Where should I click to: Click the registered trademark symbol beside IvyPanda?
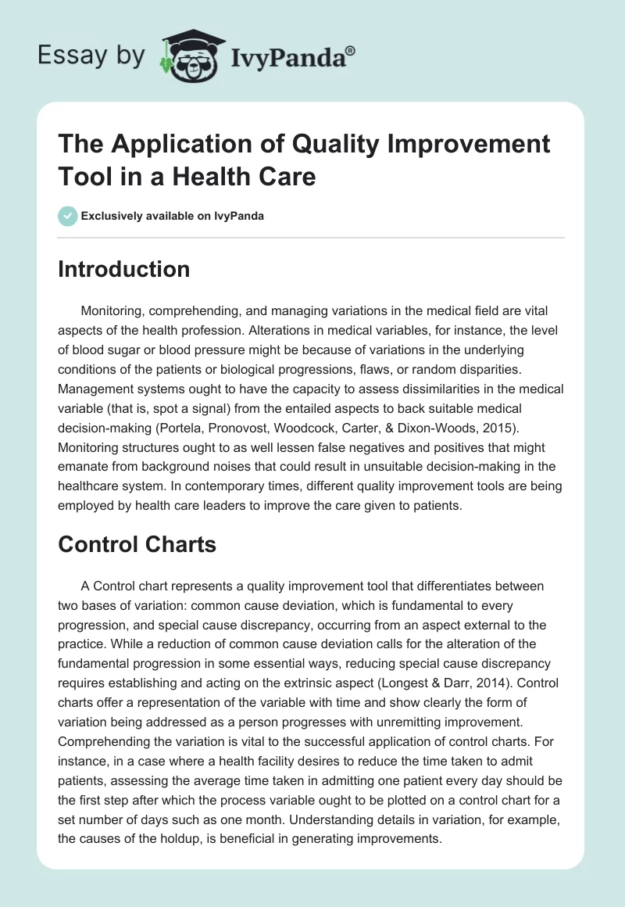pos(351,52)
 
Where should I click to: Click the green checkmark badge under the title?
pos(68,216)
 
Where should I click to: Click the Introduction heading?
pos(124,269)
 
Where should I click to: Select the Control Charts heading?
pos(137,545)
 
